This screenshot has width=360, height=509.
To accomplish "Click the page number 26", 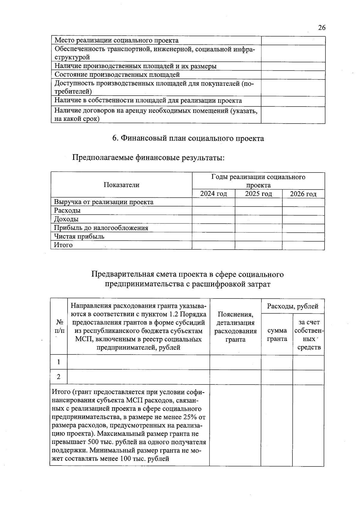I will (x=322, y=28).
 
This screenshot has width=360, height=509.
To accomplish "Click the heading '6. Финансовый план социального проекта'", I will (x=188, y=138).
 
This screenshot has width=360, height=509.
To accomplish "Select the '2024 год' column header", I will (x=213, y=194).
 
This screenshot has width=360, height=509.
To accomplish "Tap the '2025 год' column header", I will (x=258, y=194).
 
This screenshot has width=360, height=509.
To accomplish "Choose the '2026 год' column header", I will (x=303, y=194).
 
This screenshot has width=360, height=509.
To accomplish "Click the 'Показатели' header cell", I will (x=121, y=185).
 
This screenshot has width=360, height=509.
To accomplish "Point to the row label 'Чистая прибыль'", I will (x=79, y=236).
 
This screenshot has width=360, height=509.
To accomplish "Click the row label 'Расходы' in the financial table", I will (x=67, y=211).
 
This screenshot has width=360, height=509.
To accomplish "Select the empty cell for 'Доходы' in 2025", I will (x=258, y=219).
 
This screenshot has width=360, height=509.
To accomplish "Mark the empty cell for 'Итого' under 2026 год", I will (x=303, y=245).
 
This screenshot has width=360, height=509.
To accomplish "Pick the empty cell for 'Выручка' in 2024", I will (x=213, y=202).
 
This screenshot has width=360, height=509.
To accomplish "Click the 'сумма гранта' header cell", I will (x=277, y=335).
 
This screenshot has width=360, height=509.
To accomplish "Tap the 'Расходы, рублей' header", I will (x=292, y=306).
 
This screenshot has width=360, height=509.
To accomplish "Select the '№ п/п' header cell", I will (x=59, y=326).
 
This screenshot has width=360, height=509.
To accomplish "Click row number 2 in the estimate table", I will (x=58, y=377).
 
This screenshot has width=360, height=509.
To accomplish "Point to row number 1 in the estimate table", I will (x=58, y=362).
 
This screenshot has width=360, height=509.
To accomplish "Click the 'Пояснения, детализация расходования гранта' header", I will (x=235, y=327).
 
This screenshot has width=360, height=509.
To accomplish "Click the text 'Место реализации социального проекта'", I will (x=117, y=40).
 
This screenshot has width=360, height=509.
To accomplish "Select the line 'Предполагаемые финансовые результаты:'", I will (x=148, y=157).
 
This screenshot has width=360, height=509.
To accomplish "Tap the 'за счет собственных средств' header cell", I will (x=309, y=335).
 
